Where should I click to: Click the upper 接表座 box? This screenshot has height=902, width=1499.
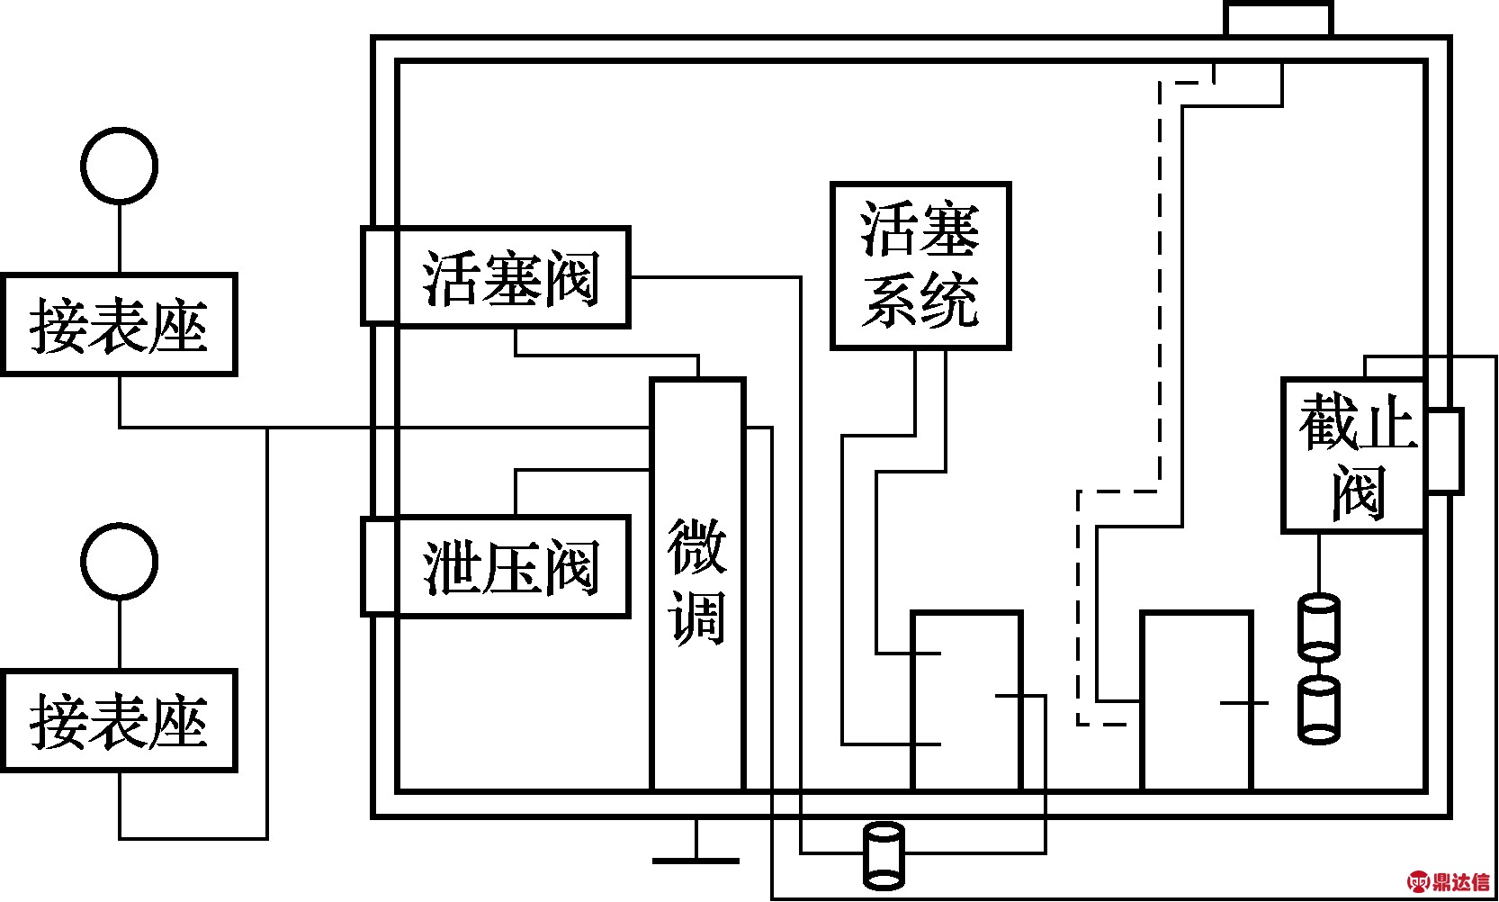pos(119,324)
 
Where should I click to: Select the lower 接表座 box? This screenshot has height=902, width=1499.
pos(119,720)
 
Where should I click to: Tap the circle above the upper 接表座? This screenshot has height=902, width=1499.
pos(119,166)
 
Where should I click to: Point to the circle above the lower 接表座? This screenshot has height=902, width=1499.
pos(119,561)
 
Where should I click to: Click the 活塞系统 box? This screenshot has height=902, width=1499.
pos(920,266)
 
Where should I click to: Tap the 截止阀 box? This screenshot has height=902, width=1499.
pos(1353,456)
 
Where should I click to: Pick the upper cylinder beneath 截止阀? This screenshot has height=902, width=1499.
pos(1319,625)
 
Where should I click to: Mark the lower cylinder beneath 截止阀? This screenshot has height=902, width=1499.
pos(1319,709)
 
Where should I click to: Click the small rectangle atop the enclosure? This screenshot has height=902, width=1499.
pos(1278,18)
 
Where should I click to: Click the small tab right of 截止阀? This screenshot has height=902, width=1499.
pos(1445,451)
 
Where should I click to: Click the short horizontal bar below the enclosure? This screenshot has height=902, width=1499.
pos(696,861)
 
